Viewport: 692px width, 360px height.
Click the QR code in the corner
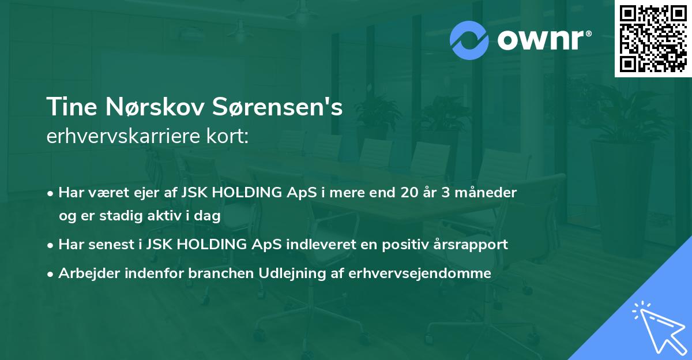pyautogui.click(x=653, y=39)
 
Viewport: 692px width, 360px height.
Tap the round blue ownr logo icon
pyautogui.click(x=469, y=40)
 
